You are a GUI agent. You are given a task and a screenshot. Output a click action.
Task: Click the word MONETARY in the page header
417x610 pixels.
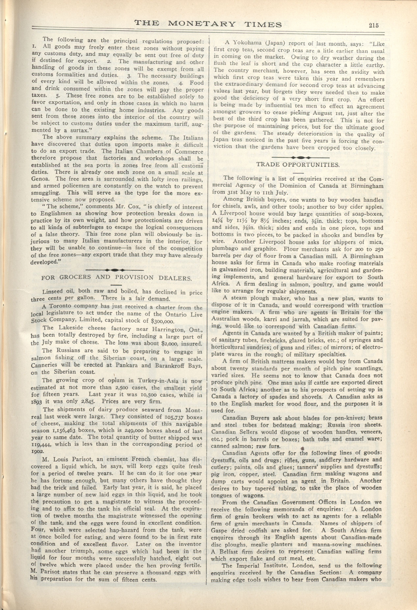point(202,24)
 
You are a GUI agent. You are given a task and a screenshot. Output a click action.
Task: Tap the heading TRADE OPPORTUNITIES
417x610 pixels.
point(298,165)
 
